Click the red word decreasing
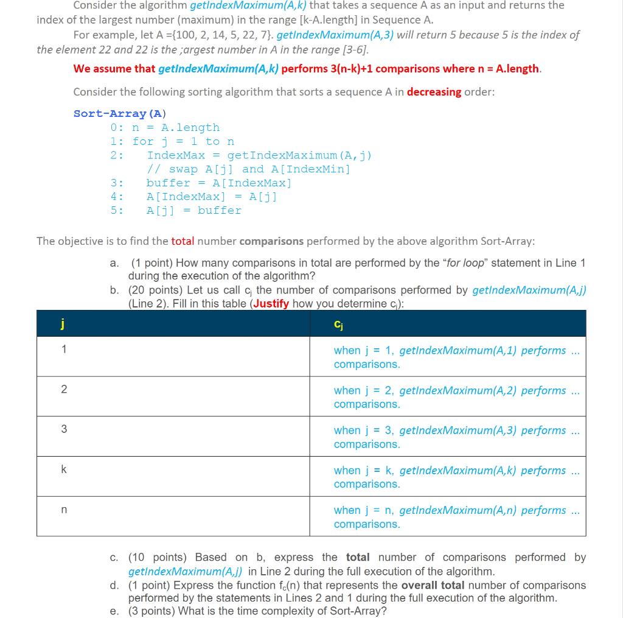coord(434,92)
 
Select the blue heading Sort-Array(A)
coord(120,113)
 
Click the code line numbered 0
coord(165,127)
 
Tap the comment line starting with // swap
coord(248,169)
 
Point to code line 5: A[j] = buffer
coord(193,210)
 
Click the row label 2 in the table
coord(63,390)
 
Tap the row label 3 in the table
coord(63,430)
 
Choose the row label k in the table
coord(63,470)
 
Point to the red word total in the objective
coord(183,241)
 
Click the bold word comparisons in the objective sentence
coord(271,241)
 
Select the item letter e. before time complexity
coord(114,611)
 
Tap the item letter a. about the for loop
coord(114,263)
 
